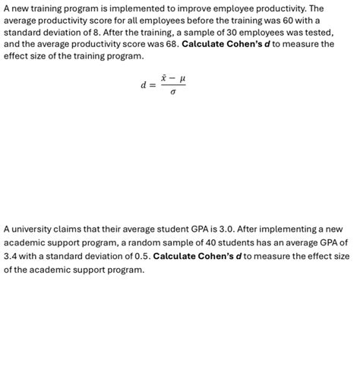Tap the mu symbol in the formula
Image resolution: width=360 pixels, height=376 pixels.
pos(181,78)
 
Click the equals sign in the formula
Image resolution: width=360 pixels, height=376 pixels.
pos(153,85)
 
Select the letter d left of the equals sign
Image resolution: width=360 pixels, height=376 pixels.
pos(143,85)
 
